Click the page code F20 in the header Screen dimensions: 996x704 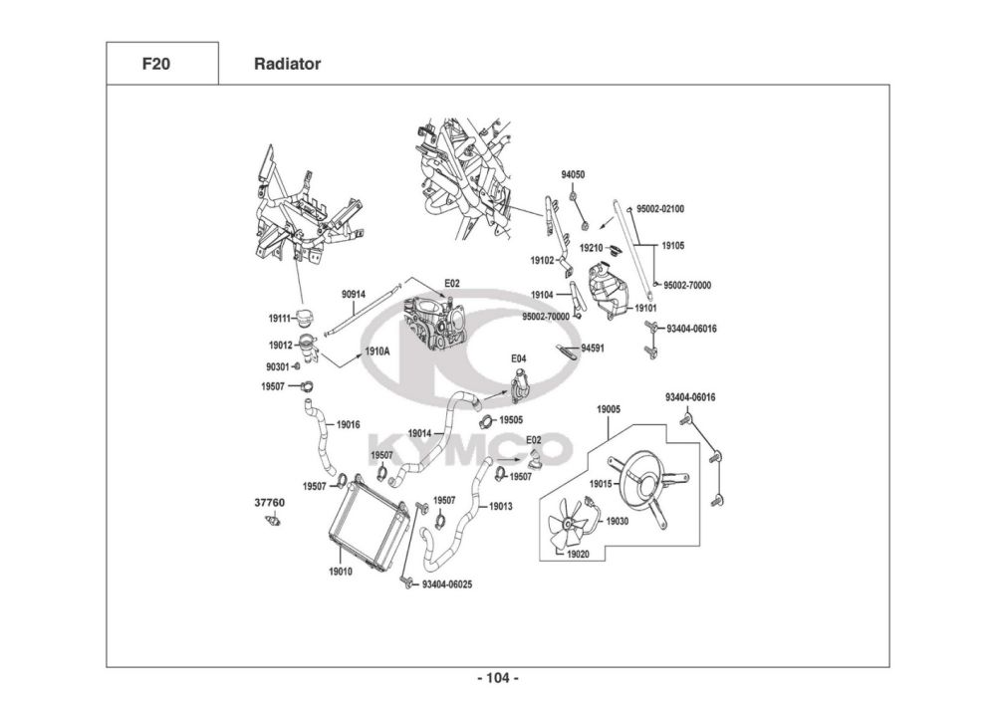pyautogui.click(x=155, y=64)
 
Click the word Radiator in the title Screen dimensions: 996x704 pyautogui.click(x=287, y=64)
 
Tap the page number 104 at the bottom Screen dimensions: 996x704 pyautogui.click(x=498, y=678)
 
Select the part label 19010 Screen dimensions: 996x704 pyautogui.click(x=340, y=572)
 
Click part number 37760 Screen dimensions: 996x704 pyautogui.click(x=269, y=503)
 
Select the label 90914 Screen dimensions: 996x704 pyautogui.click(x=354, y=294)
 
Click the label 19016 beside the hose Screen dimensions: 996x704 pyautogui.click(x=348, y=424)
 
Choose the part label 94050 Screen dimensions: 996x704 pyautogui.click(x=573, y=175)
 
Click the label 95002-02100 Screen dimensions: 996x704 pyautogui.click(x=660, y=209)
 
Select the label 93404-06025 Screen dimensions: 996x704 pyautogui.click(x=447, y=585)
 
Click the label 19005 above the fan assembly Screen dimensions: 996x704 pyautogui.click(x=609, y=410)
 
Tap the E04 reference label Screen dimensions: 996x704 pyautogui.click(x=519, y=358)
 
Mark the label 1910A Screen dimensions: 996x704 pyautogui.click(x=376, y=352)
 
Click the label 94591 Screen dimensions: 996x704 pyautogui.click(x=593, y=349)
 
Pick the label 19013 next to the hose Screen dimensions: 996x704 pyautogui.click(x=501, y=507)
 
